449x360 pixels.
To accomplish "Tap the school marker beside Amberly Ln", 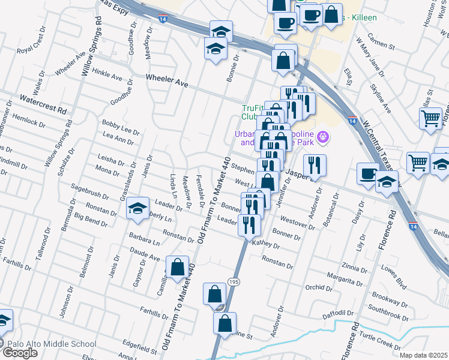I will click(x=138, y=208).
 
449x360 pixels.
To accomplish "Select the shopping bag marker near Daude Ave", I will click(x=178, y=266).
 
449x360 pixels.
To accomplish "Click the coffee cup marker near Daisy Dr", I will click(x=367, y=173).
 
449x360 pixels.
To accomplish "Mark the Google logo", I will click(x=19, y=352).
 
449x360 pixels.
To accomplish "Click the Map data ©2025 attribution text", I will click(x=423, y=355).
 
